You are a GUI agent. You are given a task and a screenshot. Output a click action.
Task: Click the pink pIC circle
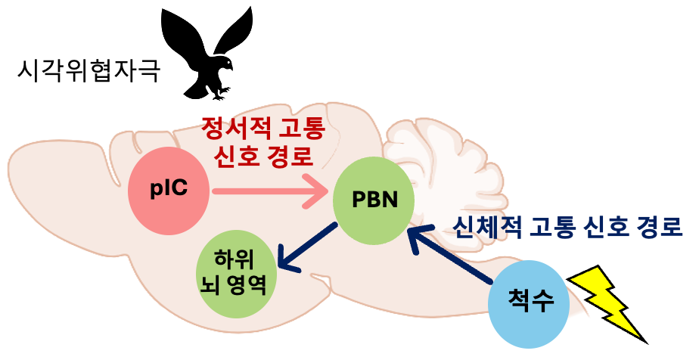[x=168, y=190]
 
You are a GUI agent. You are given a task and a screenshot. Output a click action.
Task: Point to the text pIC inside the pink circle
[x=168, y=190]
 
